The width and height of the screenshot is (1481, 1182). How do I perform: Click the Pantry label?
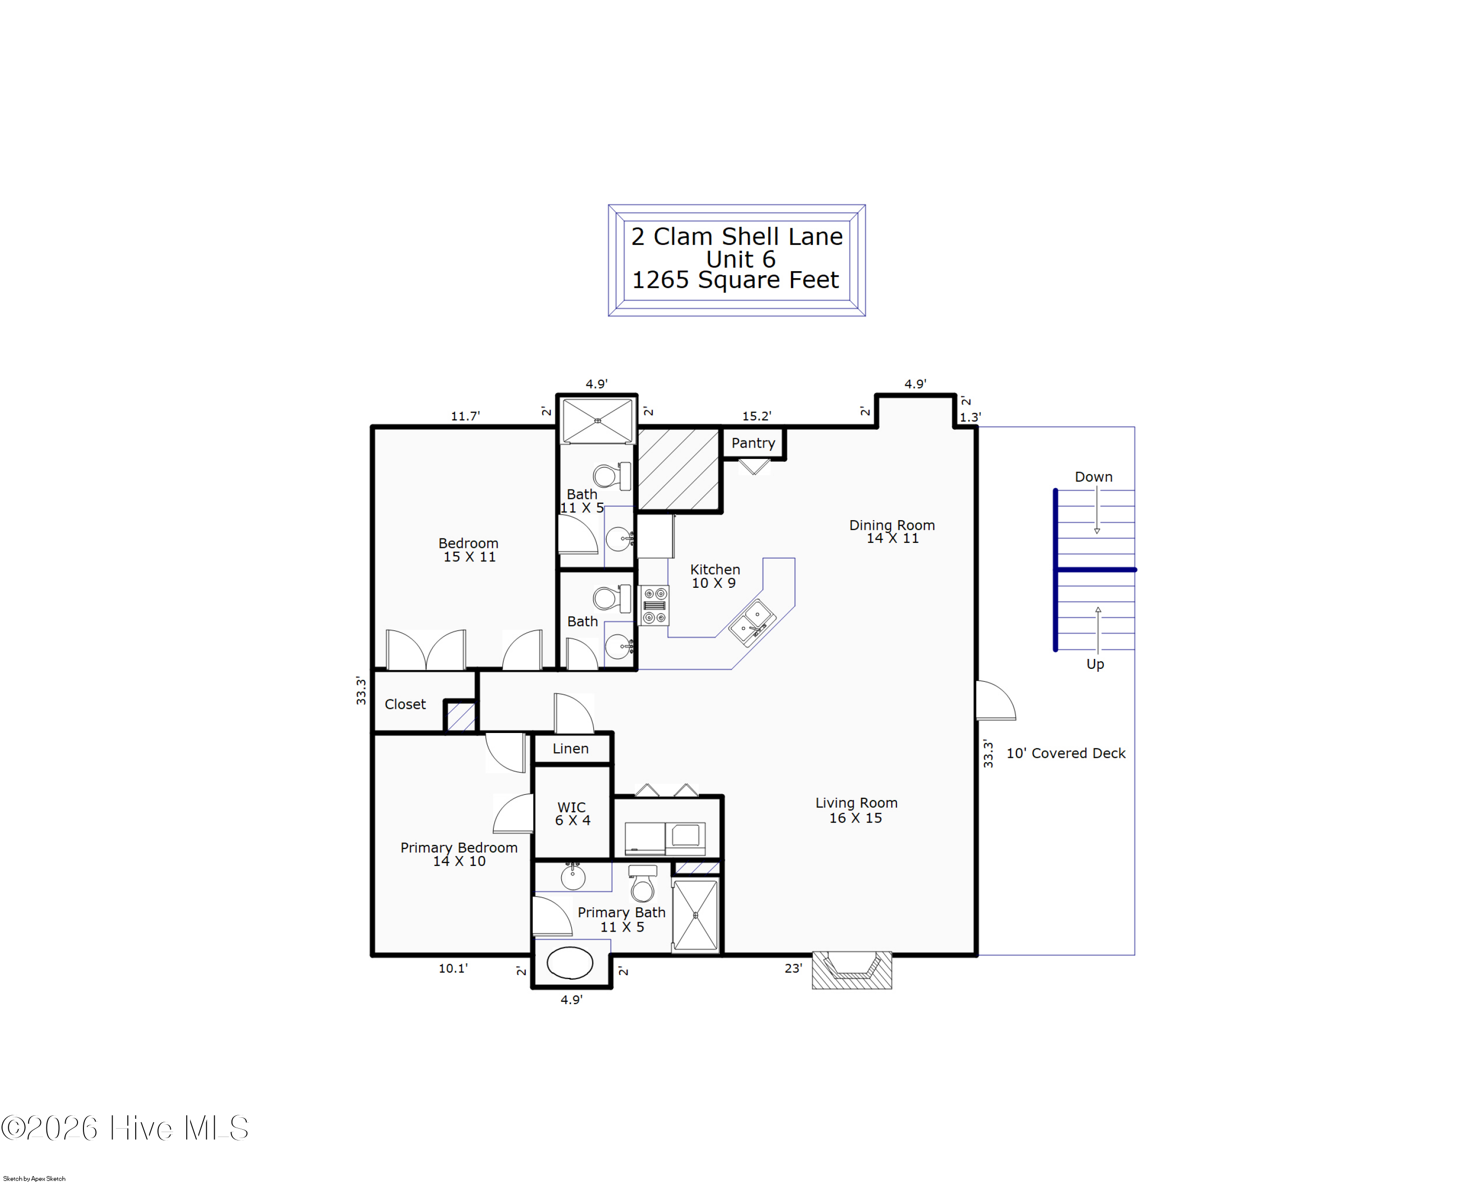[x=753, y=443]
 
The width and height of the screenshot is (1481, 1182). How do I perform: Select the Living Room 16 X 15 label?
[x=856, y=810]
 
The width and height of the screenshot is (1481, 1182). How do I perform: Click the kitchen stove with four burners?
[x=654, y=605]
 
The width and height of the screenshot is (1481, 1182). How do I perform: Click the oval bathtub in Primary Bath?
[x=570, y=963]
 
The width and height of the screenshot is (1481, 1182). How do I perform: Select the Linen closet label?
[x=570, y=748]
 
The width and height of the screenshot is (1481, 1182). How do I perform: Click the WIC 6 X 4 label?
[x=572, y=813]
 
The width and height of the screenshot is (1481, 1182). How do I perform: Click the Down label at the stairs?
[x=1093, y=477]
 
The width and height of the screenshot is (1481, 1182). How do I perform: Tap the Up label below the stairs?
[x=1095, y=664]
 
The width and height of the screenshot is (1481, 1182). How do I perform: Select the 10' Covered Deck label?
[x=1065, y=753]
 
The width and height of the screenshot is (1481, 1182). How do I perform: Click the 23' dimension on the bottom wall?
[x=793, y=968]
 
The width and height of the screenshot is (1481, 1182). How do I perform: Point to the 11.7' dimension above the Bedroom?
[x=465, y=416]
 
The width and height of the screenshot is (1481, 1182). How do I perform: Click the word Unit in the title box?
[x=730, y=260]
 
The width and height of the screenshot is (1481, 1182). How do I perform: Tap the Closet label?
[x=405, y=704]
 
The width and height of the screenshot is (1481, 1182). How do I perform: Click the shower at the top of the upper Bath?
[x=597, y=420]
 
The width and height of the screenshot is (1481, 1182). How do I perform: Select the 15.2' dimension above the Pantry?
[x=756, y=416]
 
